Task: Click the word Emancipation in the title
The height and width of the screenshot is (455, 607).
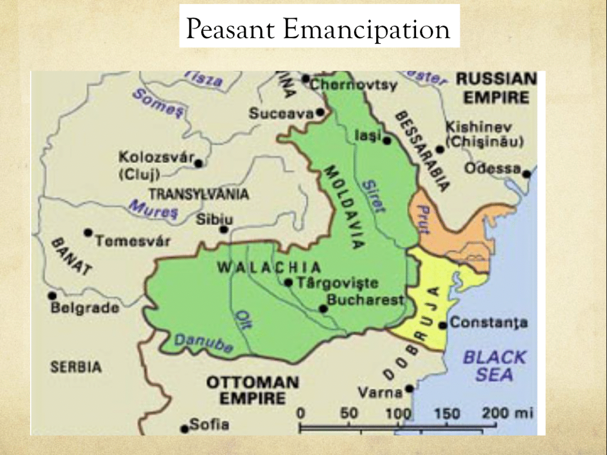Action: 366,29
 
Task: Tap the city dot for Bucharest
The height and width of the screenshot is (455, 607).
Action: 324,309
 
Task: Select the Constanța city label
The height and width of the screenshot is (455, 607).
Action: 489,323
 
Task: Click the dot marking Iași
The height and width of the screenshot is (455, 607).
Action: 387,141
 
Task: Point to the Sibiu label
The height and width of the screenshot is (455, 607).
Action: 214,219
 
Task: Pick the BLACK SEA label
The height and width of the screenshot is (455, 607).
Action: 494,366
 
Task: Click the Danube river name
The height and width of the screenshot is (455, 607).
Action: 204,343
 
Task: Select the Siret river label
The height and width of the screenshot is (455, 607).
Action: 374,196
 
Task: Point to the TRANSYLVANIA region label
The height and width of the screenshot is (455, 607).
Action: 199,194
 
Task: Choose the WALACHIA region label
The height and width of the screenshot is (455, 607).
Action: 269,268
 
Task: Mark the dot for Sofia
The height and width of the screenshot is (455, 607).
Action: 185,430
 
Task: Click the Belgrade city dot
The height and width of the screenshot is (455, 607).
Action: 52,296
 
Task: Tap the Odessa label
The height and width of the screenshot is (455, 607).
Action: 492,169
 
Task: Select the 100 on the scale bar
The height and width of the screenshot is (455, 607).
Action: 398,413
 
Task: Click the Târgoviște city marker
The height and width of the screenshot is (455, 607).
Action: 289,283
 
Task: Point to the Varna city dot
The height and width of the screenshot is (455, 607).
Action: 409,388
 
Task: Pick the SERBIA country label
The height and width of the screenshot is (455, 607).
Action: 76,367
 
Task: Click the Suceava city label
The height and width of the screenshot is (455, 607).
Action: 281,113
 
